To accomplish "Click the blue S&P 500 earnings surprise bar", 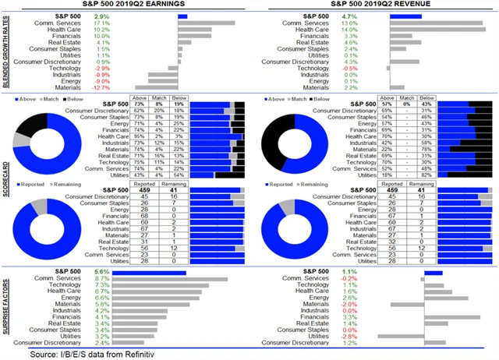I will coord(150,273).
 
